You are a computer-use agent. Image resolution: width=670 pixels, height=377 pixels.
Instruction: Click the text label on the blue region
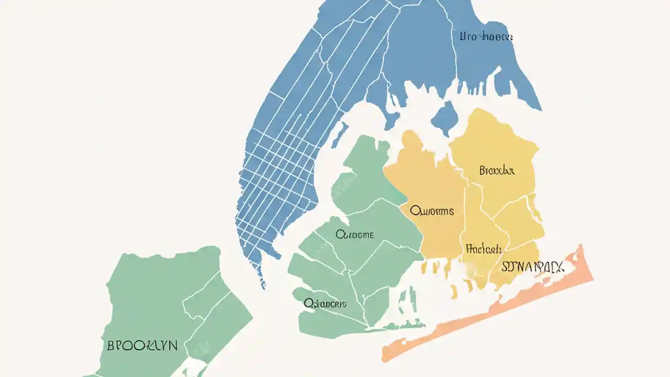486,37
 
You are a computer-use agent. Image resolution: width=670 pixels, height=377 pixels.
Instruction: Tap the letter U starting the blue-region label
463,37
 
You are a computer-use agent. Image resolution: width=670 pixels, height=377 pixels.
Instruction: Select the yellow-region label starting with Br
497,171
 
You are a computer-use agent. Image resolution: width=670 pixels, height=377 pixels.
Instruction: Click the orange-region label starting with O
432,211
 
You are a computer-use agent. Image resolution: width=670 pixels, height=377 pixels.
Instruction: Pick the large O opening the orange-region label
416,210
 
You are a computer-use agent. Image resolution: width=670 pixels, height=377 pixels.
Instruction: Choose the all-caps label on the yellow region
532,267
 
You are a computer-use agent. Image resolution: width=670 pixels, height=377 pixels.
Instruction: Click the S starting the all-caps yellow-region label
505,267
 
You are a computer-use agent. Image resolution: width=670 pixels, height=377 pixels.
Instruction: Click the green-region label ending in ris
325,303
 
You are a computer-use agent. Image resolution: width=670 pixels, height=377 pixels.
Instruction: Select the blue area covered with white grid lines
283,173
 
